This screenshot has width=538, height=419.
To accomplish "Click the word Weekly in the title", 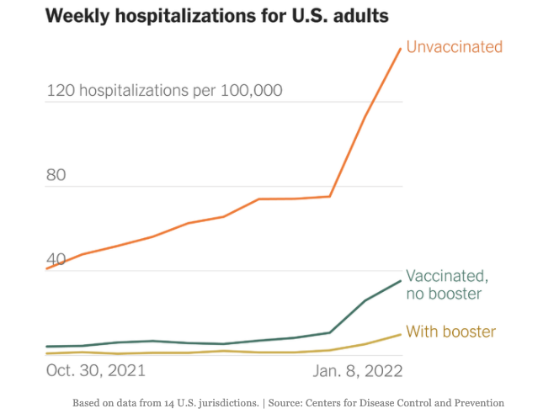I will [77, 16].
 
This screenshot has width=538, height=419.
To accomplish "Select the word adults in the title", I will [363, 16].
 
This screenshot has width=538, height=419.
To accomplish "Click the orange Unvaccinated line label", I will [454, 47].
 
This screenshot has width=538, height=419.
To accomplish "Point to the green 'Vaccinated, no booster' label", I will [446, 284].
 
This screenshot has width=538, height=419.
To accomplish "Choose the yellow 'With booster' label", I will [450, 331].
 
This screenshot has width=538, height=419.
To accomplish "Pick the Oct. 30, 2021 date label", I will [95, 370].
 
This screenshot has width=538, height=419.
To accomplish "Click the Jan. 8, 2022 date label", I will [358, 370].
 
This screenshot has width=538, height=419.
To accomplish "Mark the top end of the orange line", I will [401, 48].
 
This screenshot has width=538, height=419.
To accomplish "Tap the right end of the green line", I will [401, 281].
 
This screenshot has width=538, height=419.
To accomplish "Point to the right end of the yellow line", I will [401, 334].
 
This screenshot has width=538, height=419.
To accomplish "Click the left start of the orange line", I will [46, 269].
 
